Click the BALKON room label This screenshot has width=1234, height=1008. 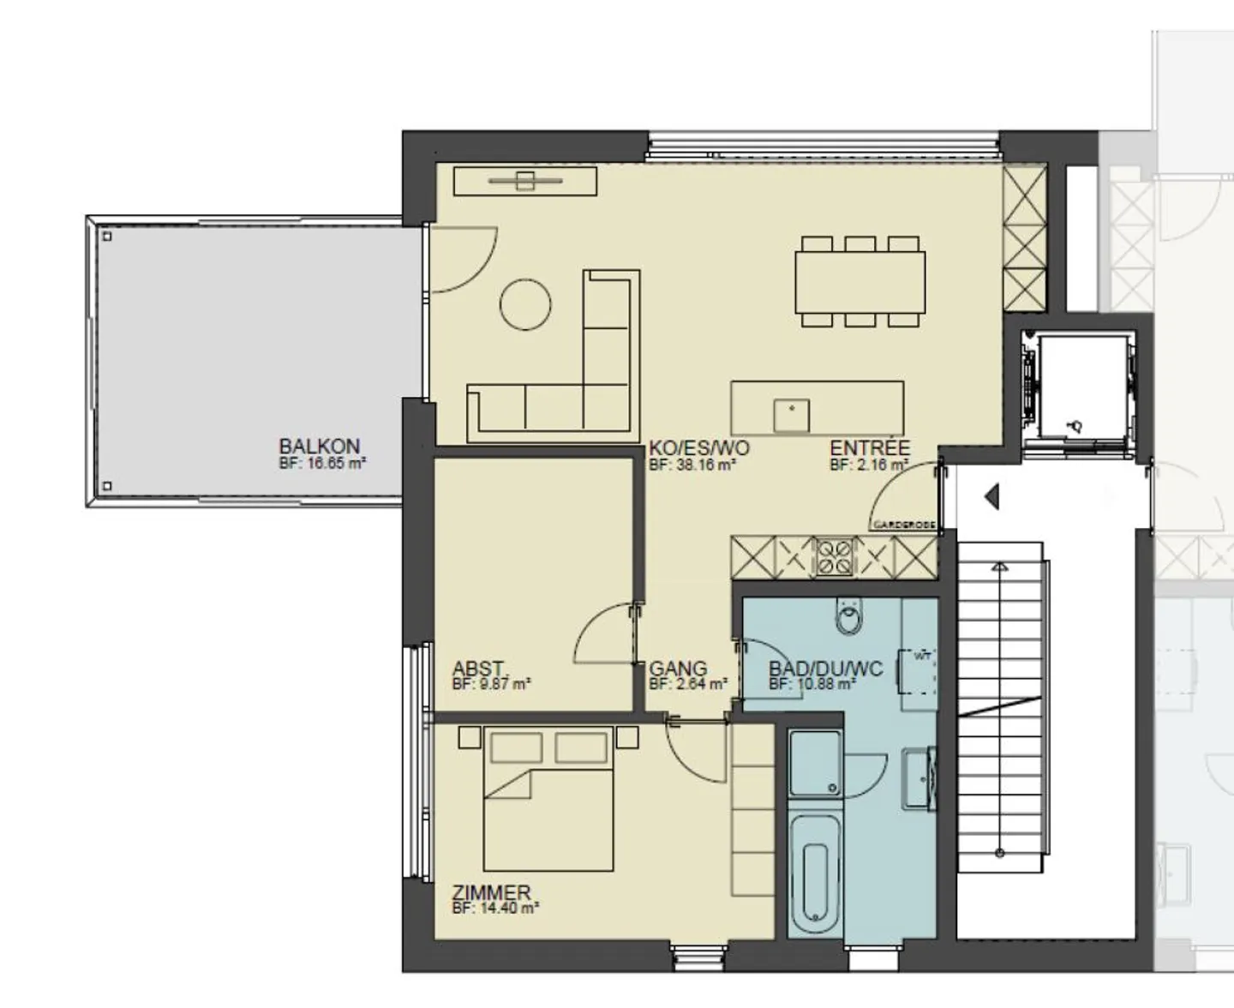[319, 447]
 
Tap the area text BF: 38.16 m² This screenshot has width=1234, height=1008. [692, 465]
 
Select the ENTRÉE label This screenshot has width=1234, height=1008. [869, 447]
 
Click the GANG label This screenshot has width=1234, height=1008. [678, 669]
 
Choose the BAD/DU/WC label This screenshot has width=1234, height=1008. [824, 669]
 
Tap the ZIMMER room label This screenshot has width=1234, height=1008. [491, 892]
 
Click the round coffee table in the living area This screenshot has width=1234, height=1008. [525, 304]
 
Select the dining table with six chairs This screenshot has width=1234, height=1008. [860, 282]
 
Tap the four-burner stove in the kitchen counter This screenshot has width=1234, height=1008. [834, 556]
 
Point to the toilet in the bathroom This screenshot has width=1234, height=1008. [849, 616]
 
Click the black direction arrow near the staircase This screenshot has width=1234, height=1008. [992, 496]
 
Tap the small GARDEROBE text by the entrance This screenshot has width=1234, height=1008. [903, 525]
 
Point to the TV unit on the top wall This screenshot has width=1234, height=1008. [524, 181]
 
